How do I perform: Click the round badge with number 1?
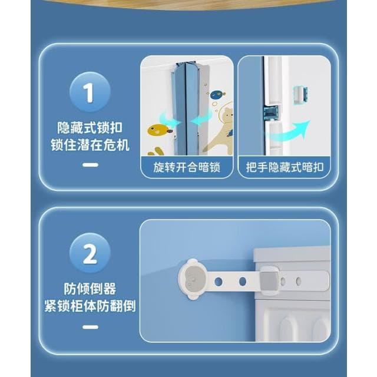coord(90,92)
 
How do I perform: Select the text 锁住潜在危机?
coord(90,145)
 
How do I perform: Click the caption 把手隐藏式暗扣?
coord(285,167)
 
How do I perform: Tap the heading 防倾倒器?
coord(90,289)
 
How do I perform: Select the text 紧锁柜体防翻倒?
coord(90,306)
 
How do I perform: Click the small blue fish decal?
coord(217,94)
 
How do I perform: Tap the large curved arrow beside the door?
coord(295,129)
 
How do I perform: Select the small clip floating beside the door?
coord(301,93)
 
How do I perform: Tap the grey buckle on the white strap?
coord(268,280)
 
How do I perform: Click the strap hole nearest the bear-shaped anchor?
coord(218,282)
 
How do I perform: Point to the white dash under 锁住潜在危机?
coord(90,165)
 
